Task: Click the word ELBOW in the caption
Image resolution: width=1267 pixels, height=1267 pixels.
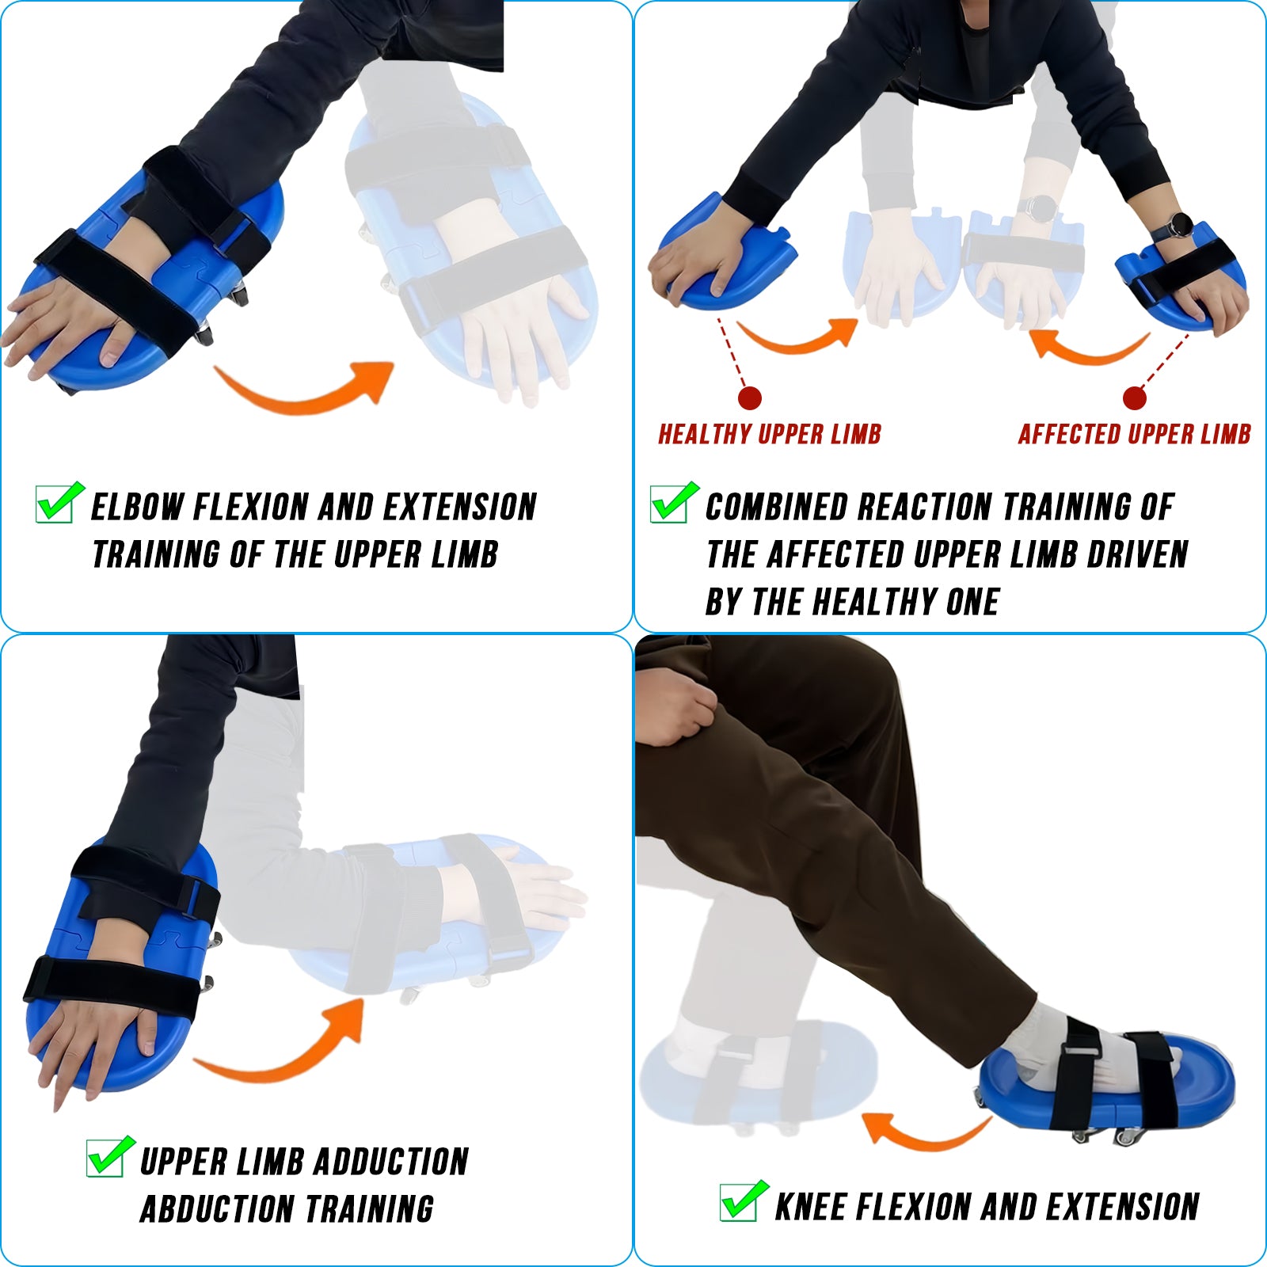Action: click(x=137, y=507)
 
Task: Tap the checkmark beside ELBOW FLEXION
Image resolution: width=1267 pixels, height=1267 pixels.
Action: click(x=60, y=502)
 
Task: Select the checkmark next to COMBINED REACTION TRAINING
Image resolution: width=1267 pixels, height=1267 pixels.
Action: click(x=674, y=502)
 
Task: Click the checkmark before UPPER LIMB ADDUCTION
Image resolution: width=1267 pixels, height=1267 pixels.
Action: click(x=110, y=1156)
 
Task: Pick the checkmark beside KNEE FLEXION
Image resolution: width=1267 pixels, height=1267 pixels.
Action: click(x=744, y=1200)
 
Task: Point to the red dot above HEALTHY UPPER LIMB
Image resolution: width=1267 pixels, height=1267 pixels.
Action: click(x=749, y=398)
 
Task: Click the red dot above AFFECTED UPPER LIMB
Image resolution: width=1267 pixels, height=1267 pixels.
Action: click(x=1134, y=398)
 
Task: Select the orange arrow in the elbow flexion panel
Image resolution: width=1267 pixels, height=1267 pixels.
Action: click(x=305, y=396)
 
